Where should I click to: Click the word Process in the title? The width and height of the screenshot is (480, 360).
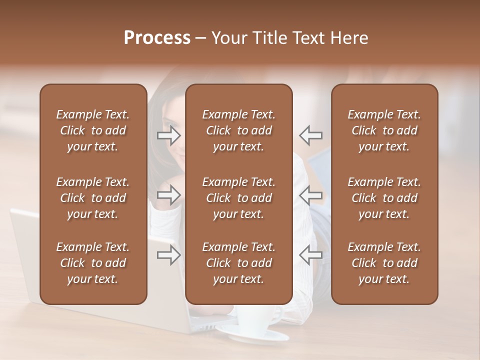click(x=157, y=38)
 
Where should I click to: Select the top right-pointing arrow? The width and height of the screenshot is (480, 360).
click(x=168, y=134)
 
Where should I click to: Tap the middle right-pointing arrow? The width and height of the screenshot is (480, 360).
click(x=168, y=195)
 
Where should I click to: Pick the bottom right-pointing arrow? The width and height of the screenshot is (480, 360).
click(x=168, y=255)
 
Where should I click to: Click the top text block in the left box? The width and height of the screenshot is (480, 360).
click(x=93, y=130)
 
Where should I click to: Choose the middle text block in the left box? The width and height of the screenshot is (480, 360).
click(x=93, y=198)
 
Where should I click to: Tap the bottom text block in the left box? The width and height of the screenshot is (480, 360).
click(x=93, y=263)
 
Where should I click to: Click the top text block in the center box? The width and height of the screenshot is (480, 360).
click(x=238, y=130)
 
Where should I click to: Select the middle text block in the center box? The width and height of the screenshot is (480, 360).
click(x=238, y=198)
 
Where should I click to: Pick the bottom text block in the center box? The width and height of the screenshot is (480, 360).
click(x=238, y=263)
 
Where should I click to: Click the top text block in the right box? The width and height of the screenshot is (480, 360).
click(x=384, y=130)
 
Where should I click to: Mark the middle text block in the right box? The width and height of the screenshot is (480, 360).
click(x=384, y=198)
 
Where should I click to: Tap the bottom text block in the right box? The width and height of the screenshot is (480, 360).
click(x=384, y=263)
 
